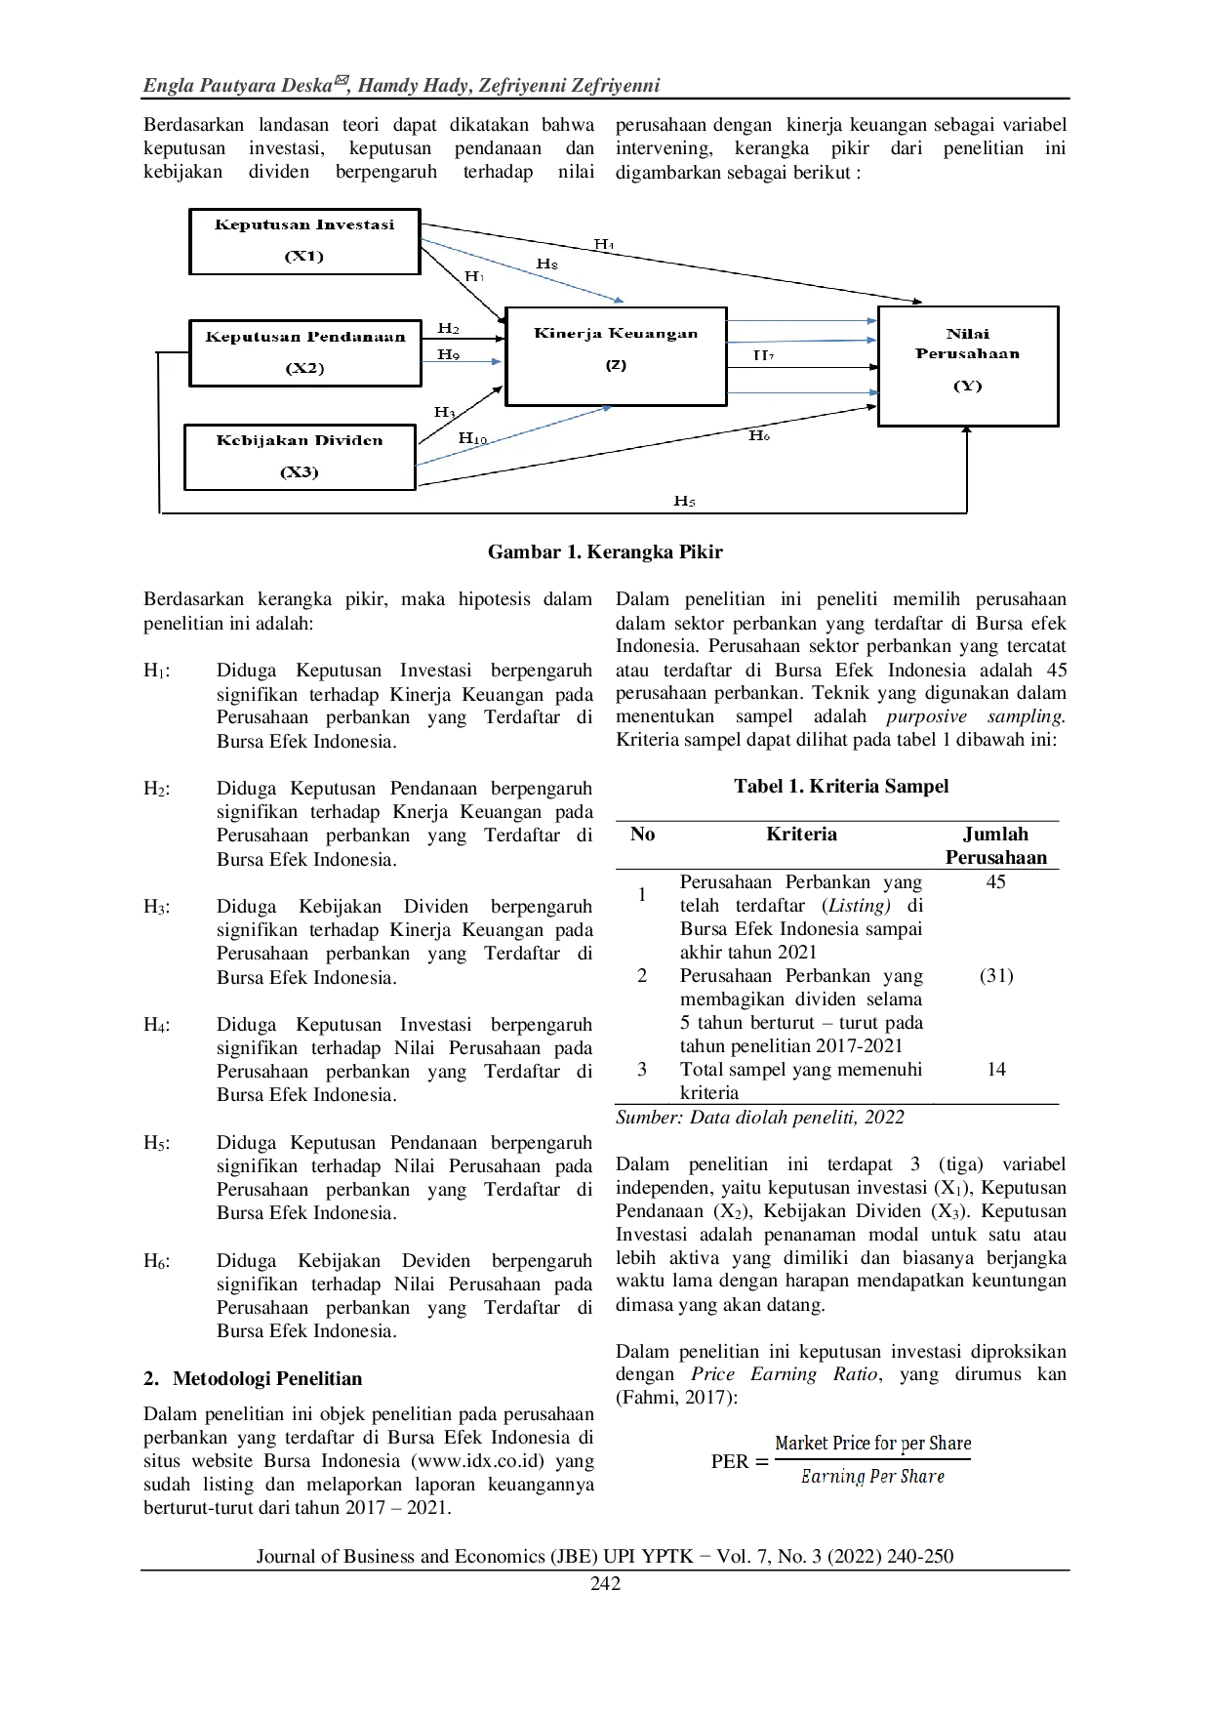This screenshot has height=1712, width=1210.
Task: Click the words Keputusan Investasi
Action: click(x=304, y=224)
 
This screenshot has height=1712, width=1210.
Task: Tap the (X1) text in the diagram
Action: click(x=304, y=257)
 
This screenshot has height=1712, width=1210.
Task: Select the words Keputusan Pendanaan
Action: click(x=305, y=337)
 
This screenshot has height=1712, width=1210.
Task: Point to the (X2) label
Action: click(x=304, y=368)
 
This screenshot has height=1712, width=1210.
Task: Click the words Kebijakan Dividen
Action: click(x=300, y=440)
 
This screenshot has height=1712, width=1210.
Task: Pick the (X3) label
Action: click(x=300, y=472)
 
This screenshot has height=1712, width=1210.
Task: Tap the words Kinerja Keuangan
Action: click(x=616, y=333)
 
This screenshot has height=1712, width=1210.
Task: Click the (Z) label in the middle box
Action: click(x=616, y=365)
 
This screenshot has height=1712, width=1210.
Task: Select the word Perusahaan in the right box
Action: click(x=967, y=353)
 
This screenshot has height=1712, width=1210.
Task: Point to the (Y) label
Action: click(x=967, y=386)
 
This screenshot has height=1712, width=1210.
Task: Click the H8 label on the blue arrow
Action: click(x=547, y=265)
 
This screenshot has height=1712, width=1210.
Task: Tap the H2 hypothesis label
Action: click(x=449, y=329)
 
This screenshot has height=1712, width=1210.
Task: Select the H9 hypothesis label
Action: click(x=449, y=354)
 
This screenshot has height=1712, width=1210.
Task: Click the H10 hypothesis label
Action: click(x=473, y=439)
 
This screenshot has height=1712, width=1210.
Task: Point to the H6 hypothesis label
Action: click(x=759, y=436)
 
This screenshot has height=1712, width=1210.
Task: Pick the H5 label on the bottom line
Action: click(x=684, y=502)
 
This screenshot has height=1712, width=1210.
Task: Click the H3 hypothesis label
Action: click(x=445, y=412)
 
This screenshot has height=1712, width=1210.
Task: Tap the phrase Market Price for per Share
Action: click(x=872, y=1443)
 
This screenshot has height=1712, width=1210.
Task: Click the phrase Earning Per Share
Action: click(x=871, y=1476)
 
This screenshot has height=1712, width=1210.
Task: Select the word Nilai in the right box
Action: click(x=967, y=334)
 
